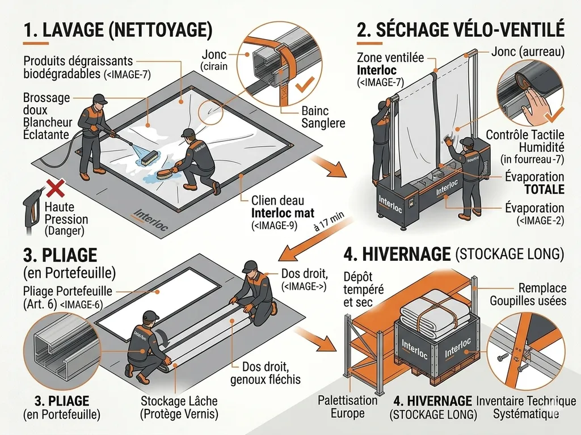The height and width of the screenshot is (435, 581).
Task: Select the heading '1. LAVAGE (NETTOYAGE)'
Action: pos(119,29)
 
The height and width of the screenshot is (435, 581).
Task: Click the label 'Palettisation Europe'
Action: pos(347,407)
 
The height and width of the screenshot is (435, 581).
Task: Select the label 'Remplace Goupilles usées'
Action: pos(528,294)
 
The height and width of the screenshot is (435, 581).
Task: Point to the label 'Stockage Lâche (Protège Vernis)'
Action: pos(179,407)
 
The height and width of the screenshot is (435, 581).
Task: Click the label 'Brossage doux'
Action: pos(45,103)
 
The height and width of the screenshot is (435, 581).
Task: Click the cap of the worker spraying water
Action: pos(99,99)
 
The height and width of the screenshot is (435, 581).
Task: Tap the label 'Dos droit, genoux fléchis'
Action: pos(266,373)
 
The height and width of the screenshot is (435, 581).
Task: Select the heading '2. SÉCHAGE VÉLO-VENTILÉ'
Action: pos(460,29)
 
